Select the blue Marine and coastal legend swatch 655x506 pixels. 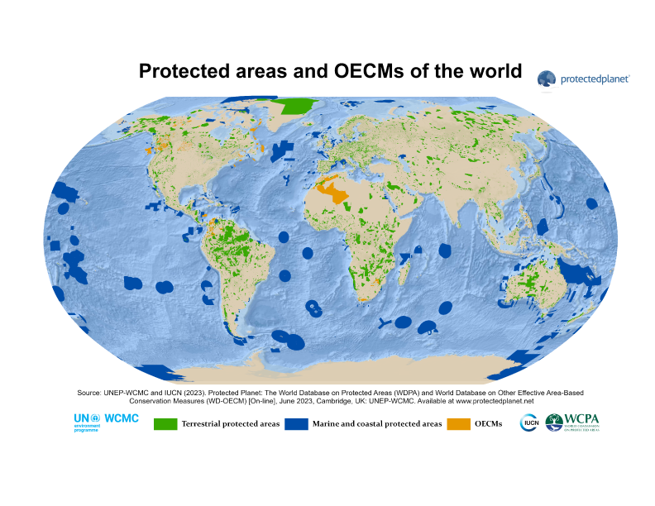(296, 424)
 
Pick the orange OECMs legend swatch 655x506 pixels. (459, 424)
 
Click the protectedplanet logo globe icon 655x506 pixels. (547, 79)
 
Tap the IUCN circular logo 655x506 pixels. (529, 423)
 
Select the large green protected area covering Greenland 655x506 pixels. (298, 106)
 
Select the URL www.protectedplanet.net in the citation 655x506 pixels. (492, 400)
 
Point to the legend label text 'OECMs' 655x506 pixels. (488, 424)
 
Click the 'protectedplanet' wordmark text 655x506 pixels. (595, 79)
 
